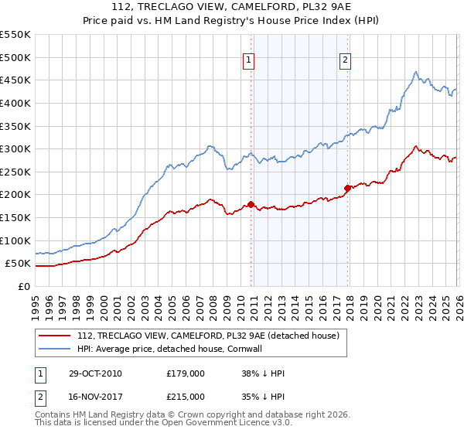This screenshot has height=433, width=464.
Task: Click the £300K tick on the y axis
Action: click(x=15, y=148)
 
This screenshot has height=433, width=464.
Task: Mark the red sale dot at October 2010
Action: click(x=251, y=204)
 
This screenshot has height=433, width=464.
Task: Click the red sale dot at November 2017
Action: click(x=347, y=187)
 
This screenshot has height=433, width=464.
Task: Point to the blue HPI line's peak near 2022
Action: click(x=415, y=73)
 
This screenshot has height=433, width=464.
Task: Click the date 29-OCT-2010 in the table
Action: click(x=94, y=373)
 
